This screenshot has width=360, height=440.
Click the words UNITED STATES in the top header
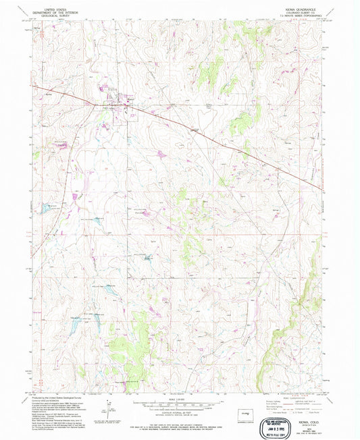[45, 5]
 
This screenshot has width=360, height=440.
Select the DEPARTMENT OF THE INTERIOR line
[45, 9]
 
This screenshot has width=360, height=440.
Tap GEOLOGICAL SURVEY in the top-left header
[45, 12]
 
